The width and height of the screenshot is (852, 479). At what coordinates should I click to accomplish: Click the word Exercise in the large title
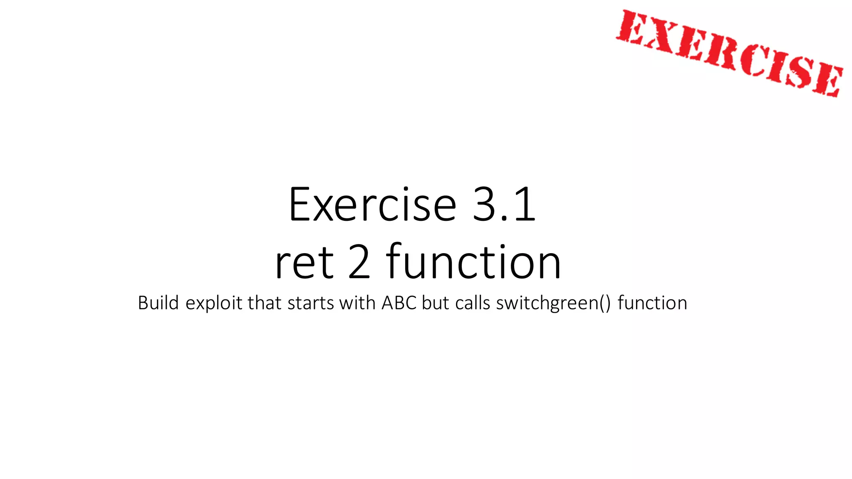pos(372,205)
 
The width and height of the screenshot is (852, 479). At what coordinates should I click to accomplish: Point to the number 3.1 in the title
pos(504,205)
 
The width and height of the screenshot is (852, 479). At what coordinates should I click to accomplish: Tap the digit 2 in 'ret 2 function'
pos(359,262)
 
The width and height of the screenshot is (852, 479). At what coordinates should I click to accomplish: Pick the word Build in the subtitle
pos(159,303)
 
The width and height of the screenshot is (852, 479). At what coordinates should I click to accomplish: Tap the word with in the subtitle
pos(357,303)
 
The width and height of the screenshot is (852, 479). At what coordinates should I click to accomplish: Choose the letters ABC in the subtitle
pos(399,303)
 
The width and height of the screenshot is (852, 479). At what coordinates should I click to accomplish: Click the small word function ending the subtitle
pos(652,303)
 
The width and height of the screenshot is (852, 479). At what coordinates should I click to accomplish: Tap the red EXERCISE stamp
pos(730,53)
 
